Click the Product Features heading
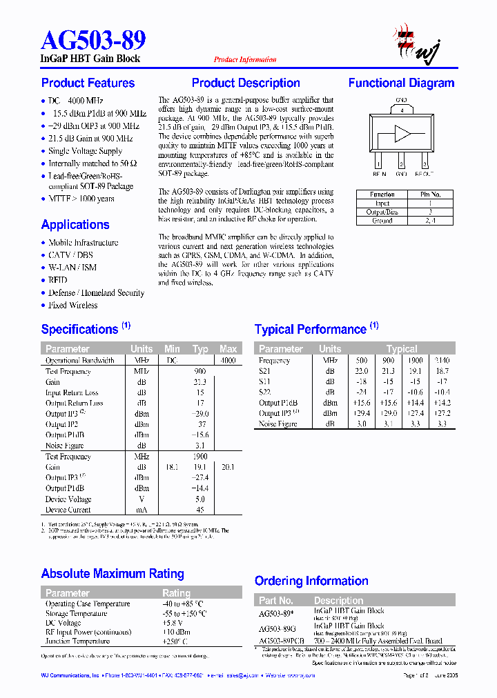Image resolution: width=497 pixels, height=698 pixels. click(x=88, y=83)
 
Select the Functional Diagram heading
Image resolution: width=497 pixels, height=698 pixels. click(x=401, y=83)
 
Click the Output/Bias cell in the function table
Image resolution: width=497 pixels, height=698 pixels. click(x=382, y=212)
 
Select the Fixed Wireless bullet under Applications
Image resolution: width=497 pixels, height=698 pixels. click(x=72, y=305)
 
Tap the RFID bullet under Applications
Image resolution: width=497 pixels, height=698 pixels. click(x=58, y=280)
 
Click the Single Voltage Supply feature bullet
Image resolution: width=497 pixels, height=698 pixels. click(x=85, y=151)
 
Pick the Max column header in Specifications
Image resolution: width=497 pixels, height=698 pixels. click(x=228, y=349)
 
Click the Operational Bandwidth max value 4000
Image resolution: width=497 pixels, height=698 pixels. click(x=228, y=361)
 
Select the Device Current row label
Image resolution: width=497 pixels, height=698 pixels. click(x=68, y=510)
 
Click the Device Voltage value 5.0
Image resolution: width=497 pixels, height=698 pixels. click(x=200, y=499)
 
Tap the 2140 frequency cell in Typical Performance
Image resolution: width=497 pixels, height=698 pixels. click(x=442, y=361)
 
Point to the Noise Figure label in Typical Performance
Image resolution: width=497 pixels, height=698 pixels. click(x=278, y=424)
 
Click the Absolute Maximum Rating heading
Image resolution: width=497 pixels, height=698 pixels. click(x=113, y=574)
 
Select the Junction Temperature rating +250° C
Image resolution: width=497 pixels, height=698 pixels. click(x=183, y=641)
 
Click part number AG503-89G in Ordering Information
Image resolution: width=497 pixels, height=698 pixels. click(x=277, y=629)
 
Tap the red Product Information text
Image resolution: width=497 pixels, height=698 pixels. click(x=245, y=60)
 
